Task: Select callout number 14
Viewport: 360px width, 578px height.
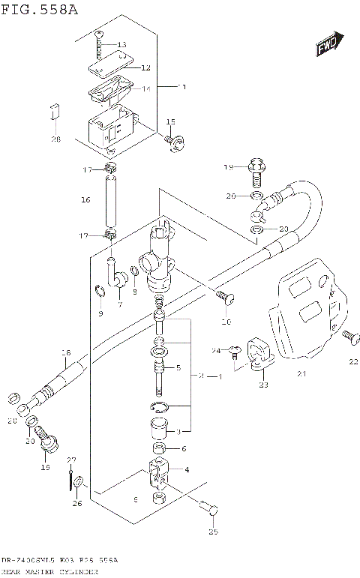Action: click(146, 89)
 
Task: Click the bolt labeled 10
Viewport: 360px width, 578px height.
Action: click(223, 298)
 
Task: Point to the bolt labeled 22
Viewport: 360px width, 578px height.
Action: click(349, 339)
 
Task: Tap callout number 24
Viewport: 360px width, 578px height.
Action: click(215, 350)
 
